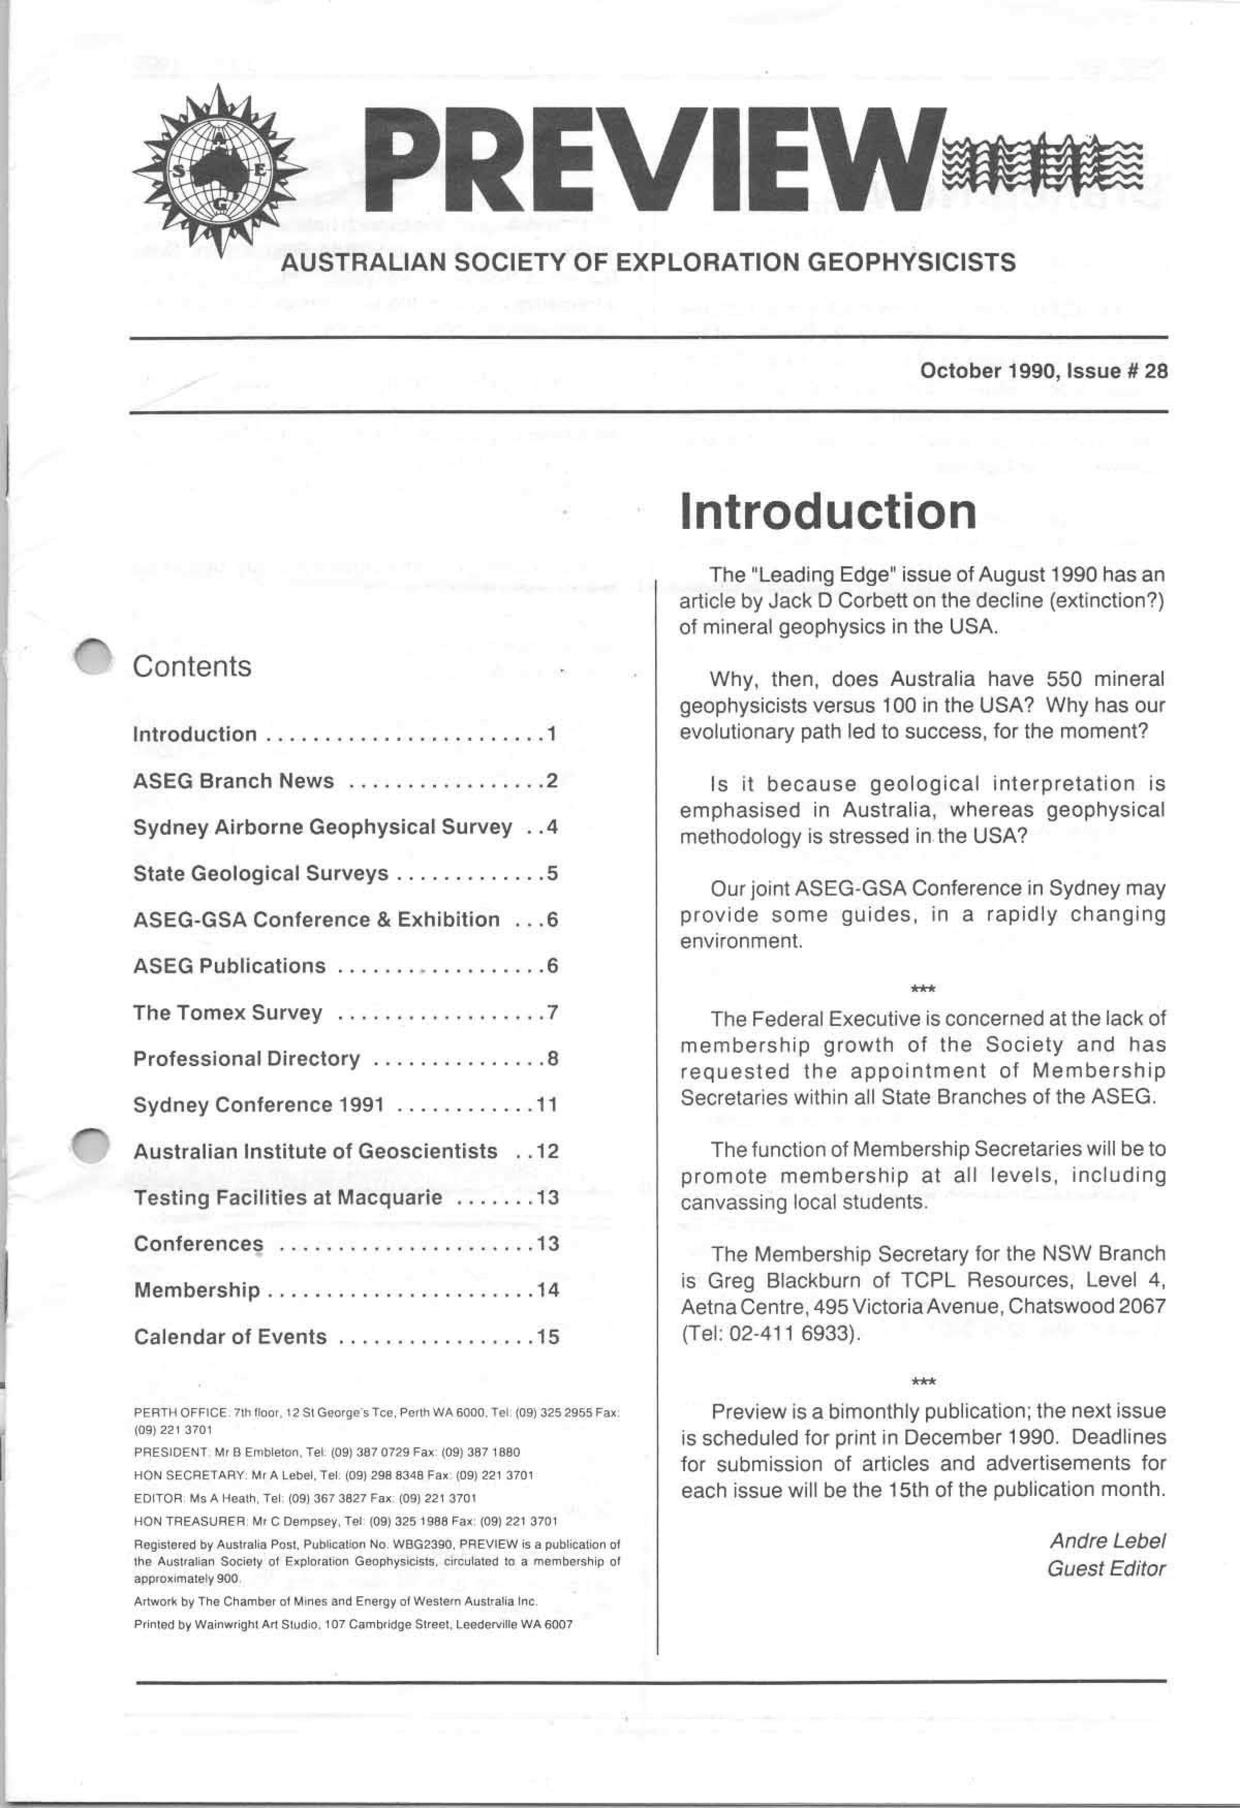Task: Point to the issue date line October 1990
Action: pyautogui.click(x=1043, y=371)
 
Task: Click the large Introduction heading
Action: pyautogui.click(x=828, y=512)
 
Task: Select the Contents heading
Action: pyautogui.click(x=192, y=667)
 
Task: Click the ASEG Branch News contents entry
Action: pyautogui.click(x=234, y=781)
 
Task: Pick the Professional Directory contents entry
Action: pyautogui.click(x=246, y=1059)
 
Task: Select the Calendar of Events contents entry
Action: pyautogui.click(x=230, y=1336)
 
